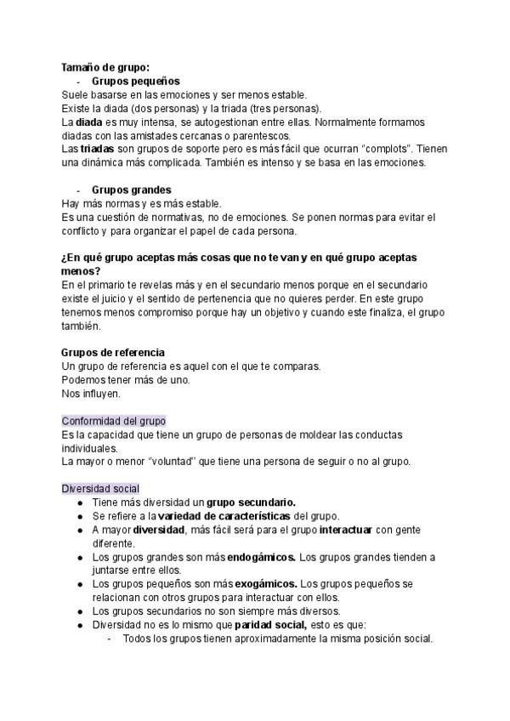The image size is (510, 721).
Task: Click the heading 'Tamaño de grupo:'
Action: (x=105, y=67)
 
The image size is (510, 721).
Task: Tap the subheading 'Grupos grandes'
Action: (x=131, y=190)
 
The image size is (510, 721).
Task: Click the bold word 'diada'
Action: (x=88, y=122)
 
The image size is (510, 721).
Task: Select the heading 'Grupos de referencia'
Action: (x=113, y=353)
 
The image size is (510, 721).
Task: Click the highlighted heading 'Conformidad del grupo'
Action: (x=114, y=421)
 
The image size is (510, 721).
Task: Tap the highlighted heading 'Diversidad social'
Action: (x=100, y=488)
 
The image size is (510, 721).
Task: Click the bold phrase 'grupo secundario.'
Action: (x=251, y=502)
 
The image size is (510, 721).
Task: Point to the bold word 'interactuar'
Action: (x=348, y=530)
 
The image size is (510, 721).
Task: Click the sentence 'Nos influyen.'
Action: (x=92, y=394)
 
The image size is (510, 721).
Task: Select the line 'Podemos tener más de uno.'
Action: (x=126, y=380)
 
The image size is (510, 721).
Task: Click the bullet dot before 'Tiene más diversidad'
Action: (x=80, y=502)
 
